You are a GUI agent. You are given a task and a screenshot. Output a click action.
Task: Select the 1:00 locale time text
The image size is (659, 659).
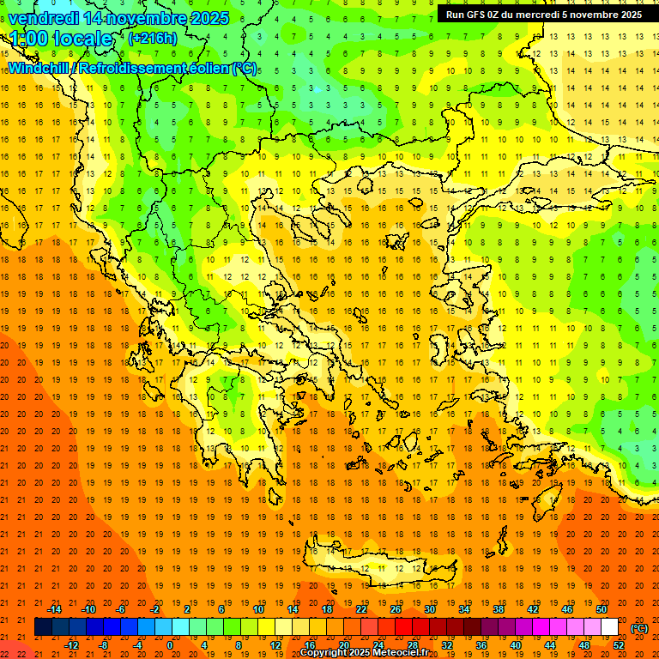[61, 39]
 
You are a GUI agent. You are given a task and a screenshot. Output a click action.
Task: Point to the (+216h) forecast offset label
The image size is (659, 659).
[152, 39]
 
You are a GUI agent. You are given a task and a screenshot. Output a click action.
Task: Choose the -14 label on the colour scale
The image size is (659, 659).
[54, 609]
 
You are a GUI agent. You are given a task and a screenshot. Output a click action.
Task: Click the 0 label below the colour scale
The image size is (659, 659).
[170, 645]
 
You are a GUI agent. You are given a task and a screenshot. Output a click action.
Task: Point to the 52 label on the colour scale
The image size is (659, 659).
[618, 645]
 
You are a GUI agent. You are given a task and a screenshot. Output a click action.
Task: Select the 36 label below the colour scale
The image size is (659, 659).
[481, 645]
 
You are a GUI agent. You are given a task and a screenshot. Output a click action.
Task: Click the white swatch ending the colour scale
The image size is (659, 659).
[610, 627]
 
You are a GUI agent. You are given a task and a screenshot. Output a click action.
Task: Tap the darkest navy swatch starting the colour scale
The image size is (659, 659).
[43, 627]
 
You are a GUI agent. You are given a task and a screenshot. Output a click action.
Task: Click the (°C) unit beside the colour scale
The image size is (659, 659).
[639, 628]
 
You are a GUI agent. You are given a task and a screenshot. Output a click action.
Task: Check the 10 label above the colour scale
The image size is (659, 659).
[258, 609]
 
